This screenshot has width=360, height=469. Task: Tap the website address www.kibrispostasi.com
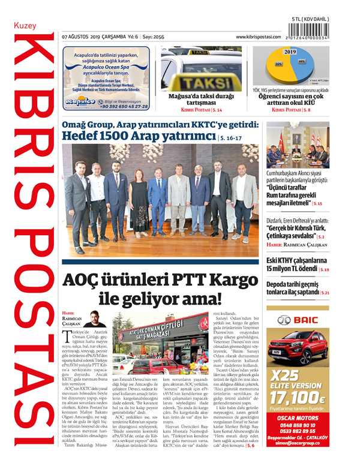pos(259,37)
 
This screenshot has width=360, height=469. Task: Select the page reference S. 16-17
pos(248,138)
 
